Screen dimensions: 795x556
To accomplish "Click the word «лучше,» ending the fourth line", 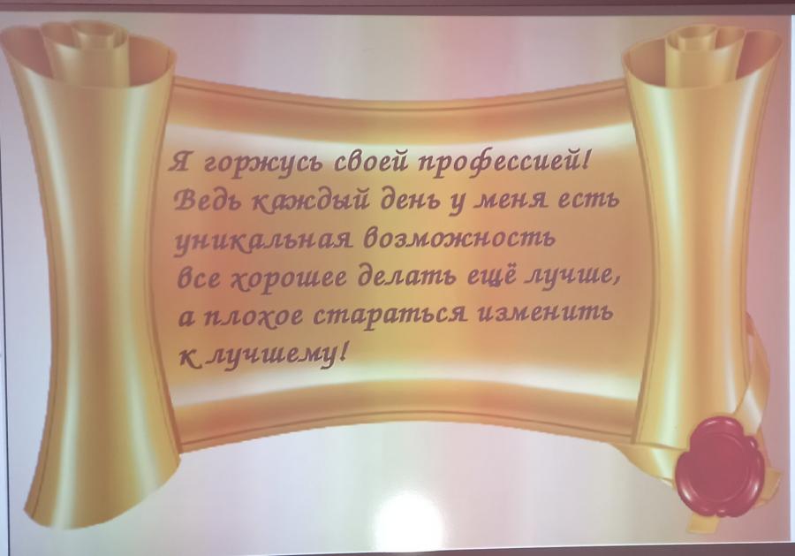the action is (x=573, y=277).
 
